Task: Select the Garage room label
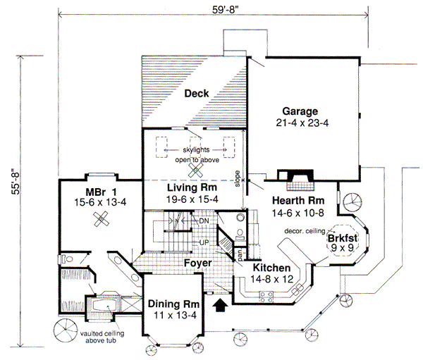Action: coord(301,112)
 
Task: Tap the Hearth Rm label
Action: coord(298,201)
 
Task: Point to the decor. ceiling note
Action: coord(304,231)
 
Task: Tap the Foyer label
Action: coord(199,263)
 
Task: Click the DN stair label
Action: coord(204,221)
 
